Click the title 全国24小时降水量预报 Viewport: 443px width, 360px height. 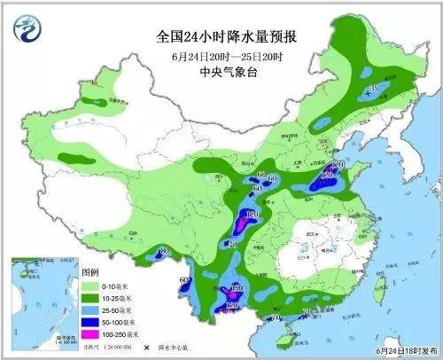pyautogui.click(x=221, y=38)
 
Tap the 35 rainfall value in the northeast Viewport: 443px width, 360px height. pyautogui.click(x=373, y=90)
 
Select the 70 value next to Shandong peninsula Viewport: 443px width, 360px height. pyautogui.click(x=337, y=166)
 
